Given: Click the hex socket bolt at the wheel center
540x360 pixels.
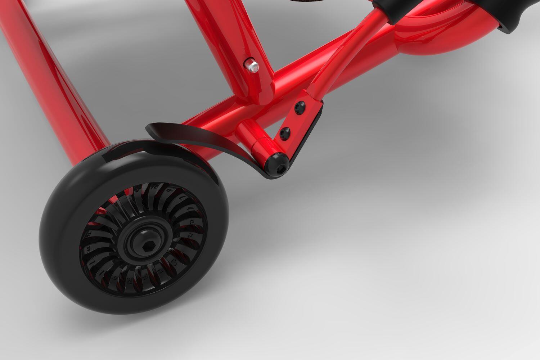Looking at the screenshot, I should [x=148, y=247].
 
